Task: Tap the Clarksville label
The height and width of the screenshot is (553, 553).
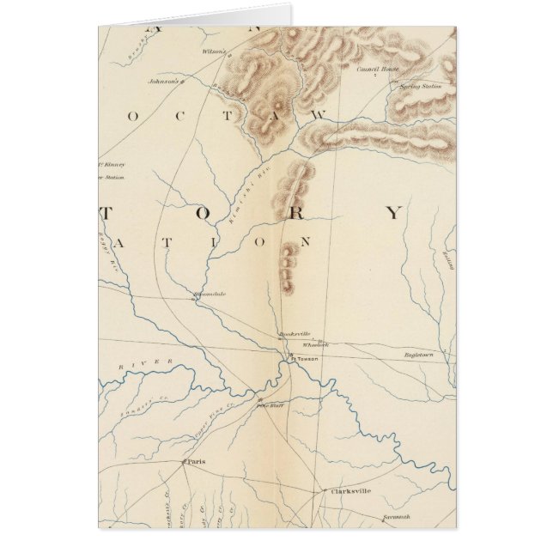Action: click(350, 491)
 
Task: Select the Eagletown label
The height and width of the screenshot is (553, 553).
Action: click(421, 354)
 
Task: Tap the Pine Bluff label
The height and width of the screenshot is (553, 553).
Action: click(269, 405)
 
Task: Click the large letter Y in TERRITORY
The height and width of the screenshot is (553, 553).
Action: click(392, 213)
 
